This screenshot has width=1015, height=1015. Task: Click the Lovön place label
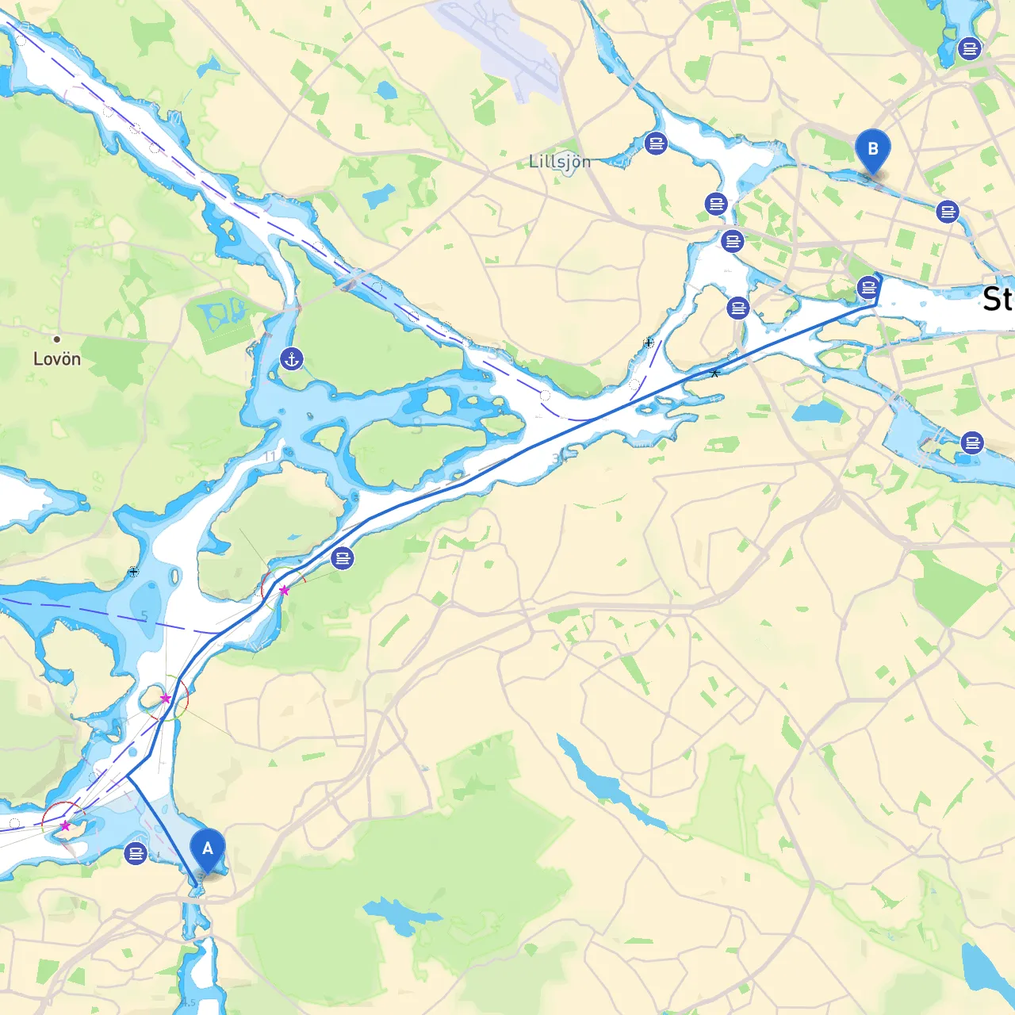(57, 359)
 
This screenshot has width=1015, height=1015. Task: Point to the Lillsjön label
(560, 162)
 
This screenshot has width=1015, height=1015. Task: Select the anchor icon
(292, 359)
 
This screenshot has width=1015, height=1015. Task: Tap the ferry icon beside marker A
(136, 854)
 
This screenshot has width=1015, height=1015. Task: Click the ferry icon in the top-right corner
(969, 48)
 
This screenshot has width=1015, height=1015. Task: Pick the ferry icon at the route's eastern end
(868, 287)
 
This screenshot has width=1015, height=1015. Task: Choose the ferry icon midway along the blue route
(343, 558)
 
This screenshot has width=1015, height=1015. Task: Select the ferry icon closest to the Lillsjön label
(656, 144)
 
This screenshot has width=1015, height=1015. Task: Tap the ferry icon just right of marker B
(948, 212)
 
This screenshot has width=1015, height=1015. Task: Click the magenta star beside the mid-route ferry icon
(284, 590)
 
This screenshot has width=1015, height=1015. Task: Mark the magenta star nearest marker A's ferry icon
(65, 825)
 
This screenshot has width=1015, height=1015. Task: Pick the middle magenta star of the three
(166, 699)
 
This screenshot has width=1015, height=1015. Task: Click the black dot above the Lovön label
(56, 339)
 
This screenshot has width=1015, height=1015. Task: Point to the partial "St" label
(998, 300)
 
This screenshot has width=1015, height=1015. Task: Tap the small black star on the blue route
(714, 373)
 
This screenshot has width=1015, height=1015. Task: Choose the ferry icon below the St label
(972, 442)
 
